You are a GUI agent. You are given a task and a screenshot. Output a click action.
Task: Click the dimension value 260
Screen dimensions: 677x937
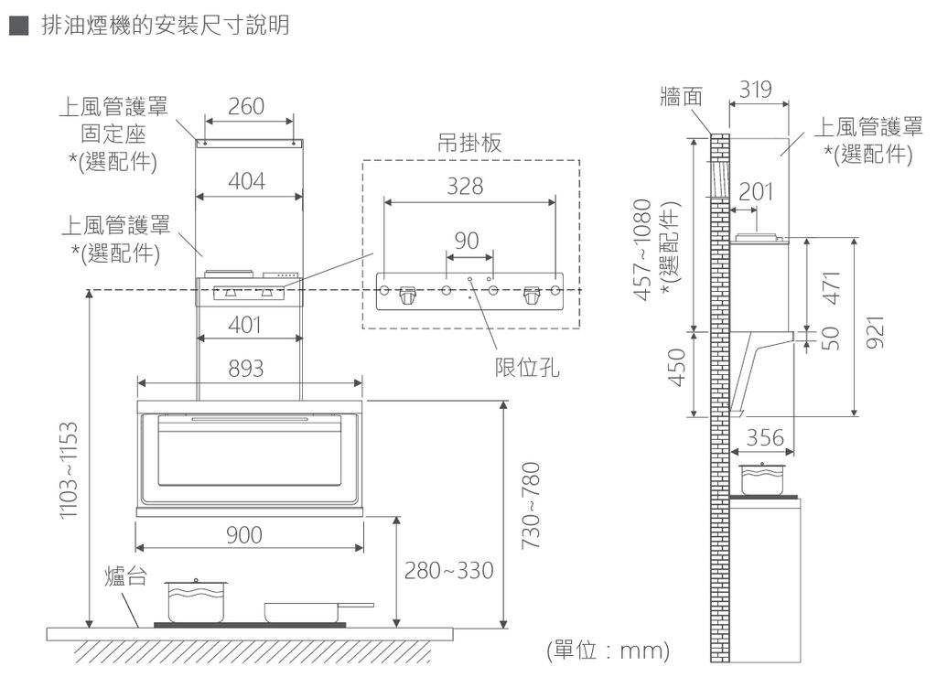coord(247,107)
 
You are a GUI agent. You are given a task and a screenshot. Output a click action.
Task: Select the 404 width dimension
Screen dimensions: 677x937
coord(247,182)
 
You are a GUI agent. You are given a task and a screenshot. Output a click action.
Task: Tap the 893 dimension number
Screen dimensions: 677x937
coord(246,369)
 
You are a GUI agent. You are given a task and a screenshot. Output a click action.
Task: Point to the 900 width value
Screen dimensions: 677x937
coord(244,534)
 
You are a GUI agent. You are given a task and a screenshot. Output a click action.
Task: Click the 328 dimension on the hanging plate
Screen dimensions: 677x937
coord(465,187)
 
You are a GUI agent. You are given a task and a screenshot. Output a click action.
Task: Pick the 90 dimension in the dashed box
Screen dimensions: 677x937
coord(467,241)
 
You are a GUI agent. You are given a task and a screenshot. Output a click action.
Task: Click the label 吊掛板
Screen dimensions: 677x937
coord(470,143)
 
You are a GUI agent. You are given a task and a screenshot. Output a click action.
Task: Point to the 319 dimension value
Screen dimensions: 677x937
coord(756,90)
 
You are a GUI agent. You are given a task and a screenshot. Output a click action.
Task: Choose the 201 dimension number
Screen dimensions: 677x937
coord(756,192)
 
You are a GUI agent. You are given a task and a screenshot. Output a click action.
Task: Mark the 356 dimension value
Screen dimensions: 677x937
coord(764,438)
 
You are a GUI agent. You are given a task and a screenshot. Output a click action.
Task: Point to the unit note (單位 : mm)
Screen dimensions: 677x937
coord(608,651)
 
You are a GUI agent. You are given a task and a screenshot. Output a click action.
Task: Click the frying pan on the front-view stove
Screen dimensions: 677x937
coord(316,610)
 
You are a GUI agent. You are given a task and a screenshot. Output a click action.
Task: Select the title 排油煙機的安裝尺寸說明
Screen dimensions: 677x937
coord(166,25)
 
